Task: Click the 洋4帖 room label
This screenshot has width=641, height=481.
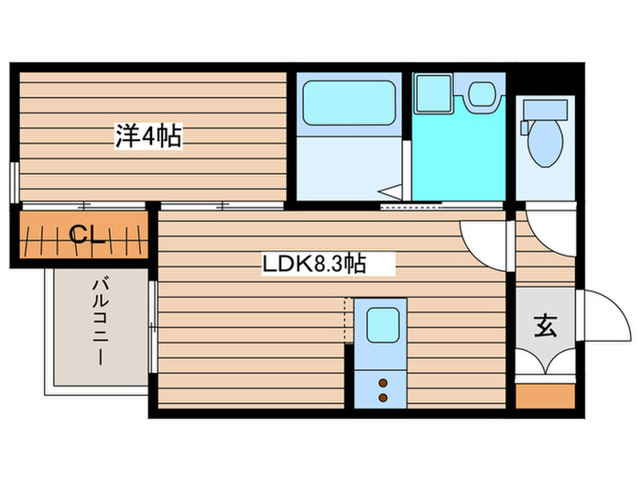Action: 147,137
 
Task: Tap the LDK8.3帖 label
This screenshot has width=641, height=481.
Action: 315,265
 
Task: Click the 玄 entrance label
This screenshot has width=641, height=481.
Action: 545,325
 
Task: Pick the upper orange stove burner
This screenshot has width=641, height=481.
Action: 383,383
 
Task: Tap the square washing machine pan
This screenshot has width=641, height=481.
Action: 433,93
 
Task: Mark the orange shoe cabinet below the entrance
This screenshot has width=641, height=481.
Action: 545,397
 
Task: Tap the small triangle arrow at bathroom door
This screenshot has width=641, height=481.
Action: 392,191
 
